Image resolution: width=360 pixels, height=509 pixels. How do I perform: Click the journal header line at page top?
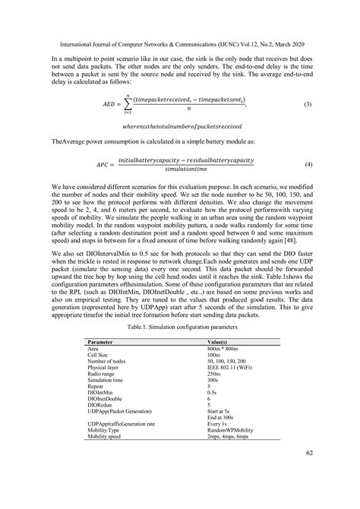[x=180, y=43]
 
